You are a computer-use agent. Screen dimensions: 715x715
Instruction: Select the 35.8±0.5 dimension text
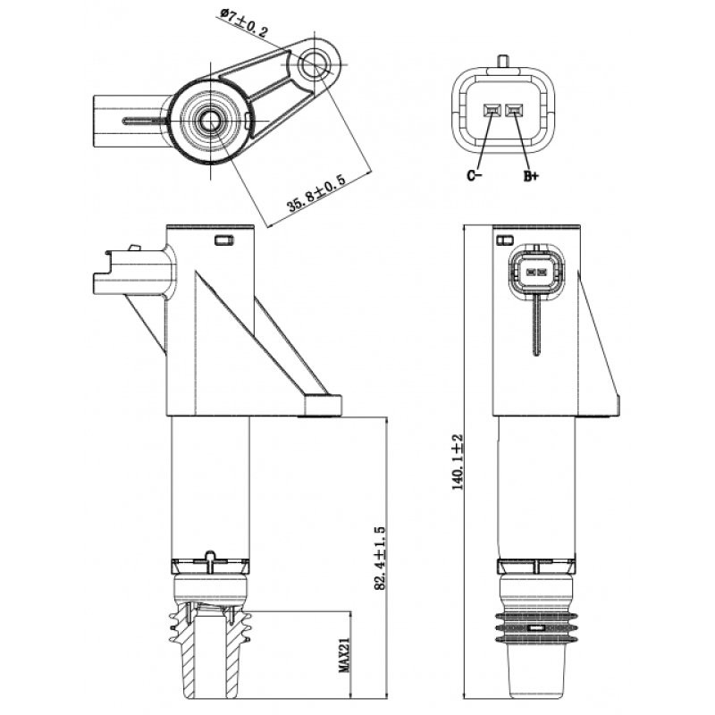pyautogui.click(x=315, y=193)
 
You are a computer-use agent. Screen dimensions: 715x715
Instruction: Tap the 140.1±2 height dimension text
pyautogui.click(x=458, y=462)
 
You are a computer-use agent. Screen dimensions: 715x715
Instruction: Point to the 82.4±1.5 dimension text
pyautogui.click(x=380, y=558)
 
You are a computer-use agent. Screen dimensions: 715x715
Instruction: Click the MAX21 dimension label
pyautogui.click(x=343, y=654)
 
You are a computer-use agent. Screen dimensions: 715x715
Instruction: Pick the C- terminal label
pyautogui.click(x=474, y=175)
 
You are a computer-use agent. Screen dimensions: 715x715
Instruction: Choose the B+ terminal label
pyautogui.click(x=531, y=175)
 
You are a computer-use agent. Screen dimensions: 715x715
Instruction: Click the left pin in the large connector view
pyautogui.click(x=492, y=109)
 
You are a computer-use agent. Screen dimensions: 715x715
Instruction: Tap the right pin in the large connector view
pyautogui.click(x=515, y=109)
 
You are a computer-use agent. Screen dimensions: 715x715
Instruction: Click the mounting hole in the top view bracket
pyautogui.click(x=315, y=63)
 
